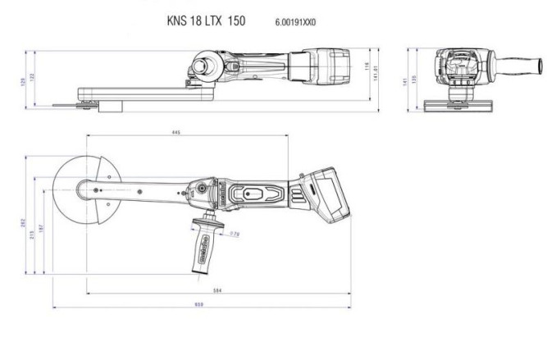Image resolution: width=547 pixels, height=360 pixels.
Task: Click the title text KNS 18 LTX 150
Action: [x=206, y=22]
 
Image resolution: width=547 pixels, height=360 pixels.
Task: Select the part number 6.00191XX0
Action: [x=290, y=23]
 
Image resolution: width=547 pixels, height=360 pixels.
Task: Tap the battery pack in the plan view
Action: [x=327, y=195]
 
